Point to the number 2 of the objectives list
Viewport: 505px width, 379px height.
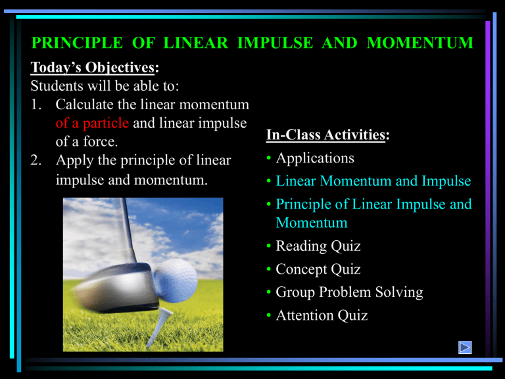[37, 160]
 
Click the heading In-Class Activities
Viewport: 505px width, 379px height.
[327, 136]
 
